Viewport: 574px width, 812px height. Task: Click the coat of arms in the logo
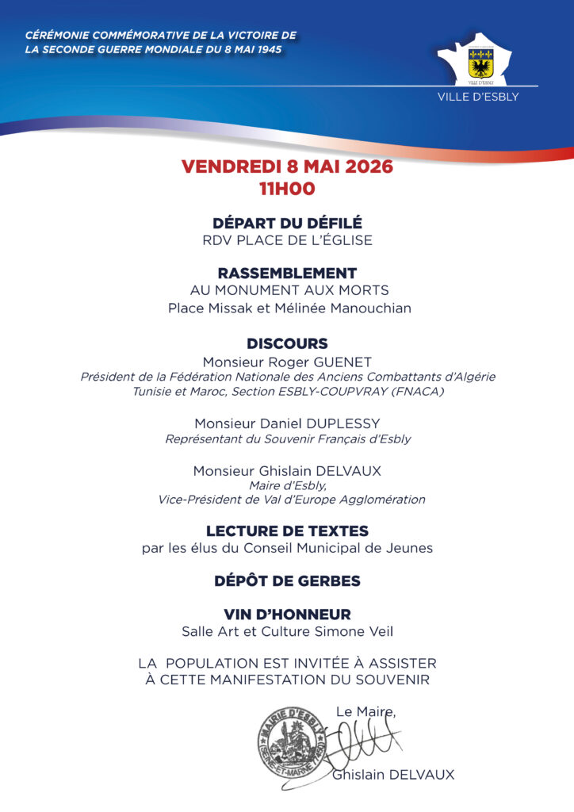(x=481, y=61)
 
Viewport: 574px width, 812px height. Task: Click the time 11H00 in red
(x=287, y=189)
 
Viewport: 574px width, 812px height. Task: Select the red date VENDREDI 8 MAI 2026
(x=287, y=167)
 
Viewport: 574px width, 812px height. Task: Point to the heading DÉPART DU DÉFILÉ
(x=287, y=223)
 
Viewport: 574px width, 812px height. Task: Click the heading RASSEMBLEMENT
(x=287, y=273)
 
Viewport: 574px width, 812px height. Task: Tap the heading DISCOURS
(x=287, y=344)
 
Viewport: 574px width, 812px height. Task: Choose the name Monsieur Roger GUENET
(x=287, y=362)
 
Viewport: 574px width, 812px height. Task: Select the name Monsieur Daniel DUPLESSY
(x=287, y=423)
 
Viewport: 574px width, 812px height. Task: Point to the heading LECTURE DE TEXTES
(x=287, y=530)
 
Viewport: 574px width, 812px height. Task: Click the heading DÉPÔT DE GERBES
(x=287, y=581)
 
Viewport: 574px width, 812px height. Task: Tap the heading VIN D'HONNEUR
(x=287, y=615)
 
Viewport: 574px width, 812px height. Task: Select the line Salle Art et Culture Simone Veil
(x=287, y=631)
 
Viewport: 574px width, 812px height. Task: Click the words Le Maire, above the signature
(x=365, y=712)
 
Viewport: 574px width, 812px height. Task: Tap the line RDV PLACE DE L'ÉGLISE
(x=287, y=240)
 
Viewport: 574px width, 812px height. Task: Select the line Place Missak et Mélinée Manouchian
(x=289, y=308)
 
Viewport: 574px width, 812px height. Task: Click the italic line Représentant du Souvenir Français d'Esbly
(x=287, y=439)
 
